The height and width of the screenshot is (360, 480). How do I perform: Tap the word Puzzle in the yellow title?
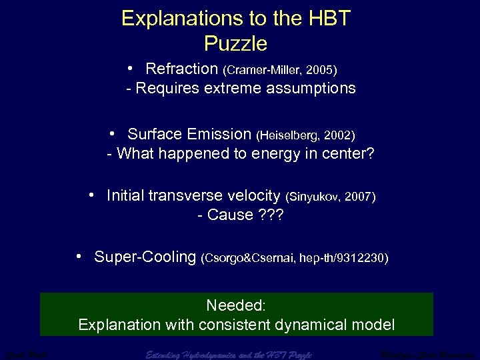(x=235, y=44)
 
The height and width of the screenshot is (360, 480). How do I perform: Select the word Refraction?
(x=181, y=69)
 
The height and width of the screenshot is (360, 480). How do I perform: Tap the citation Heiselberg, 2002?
(x=305, y=135)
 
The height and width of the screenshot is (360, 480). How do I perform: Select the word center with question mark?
(x=351, y=154)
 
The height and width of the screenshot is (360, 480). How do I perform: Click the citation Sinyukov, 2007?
(x=331, y=197)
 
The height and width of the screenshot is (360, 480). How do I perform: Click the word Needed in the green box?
(x=235, y=306)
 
